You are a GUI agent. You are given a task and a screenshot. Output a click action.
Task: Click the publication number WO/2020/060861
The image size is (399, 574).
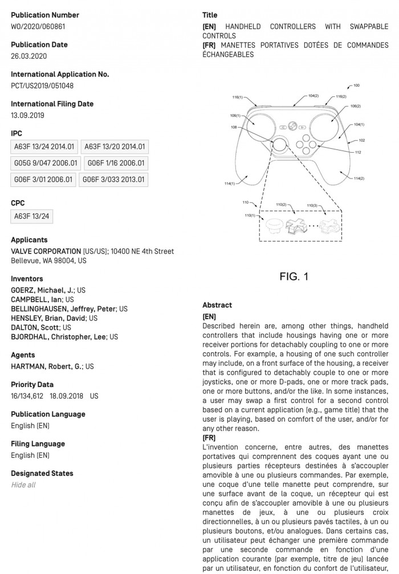[x=37, y=26]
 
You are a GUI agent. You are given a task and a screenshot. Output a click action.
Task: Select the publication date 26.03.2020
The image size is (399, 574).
[x=28, y=56]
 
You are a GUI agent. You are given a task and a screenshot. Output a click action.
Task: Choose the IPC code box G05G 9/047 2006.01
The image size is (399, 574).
[x=46, y=163]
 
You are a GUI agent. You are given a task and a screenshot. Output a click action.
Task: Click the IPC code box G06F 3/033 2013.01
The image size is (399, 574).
[x=113, y=180]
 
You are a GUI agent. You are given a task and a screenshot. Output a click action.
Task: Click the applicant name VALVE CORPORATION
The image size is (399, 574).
[x=46, y=251]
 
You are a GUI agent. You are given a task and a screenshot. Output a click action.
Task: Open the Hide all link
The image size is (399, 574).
[x=23, y=485]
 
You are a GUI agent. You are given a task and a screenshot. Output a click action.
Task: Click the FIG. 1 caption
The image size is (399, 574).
[x=294, y=276]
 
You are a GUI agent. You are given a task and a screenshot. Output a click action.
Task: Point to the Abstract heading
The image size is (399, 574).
[x=217, y=305]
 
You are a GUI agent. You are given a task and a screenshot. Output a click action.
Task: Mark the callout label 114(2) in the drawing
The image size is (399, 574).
[x=359, y=178]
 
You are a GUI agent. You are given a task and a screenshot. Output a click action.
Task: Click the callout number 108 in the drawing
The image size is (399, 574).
[x=234, y=127]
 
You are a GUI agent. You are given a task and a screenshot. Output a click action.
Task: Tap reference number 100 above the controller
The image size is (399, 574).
[x=356, y=86]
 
